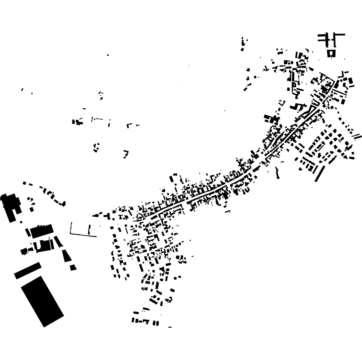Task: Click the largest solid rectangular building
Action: point(42,301)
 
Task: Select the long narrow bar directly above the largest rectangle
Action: point(28,270)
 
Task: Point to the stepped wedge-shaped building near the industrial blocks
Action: point(67,256)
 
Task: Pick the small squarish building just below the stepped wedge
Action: point(73,268)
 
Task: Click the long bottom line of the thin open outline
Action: point(83,235)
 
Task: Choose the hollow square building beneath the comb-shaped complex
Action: point(332,53)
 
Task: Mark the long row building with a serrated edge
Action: point(320,174)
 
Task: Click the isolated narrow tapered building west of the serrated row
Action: point(278,172)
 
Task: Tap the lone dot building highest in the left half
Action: point(108,55)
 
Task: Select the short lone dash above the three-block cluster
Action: point(84,109)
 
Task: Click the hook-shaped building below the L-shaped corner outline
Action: point(126,154)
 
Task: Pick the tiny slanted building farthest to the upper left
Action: point(22,90)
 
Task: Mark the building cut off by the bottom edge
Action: point(170,328)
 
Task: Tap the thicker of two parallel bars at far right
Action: point(357,136)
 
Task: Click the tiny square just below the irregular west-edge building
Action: point(21,222)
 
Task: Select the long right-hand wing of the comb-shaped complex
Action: point(339,35)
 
